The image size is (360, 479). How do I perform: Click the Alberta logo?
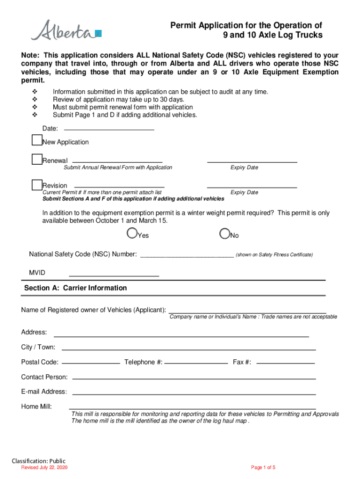[66, 30]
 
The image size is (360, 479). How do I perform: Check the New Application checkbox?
[37, 140]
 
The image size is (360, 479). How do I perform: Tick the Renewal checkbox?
[37, 159]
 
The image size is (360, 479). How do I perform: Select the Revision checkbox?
[37, 184]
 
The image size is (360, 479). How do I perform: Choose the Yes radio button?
[132, 233]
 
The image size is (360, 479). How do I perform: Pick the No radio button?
[225, 233]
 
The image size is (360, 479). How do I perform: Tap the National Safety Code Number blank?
[187, 254]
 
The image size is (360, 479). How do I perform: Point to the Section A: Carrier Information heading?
[75, 288]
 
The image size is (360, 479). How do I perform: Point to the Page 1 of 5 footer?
[263, 468]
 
